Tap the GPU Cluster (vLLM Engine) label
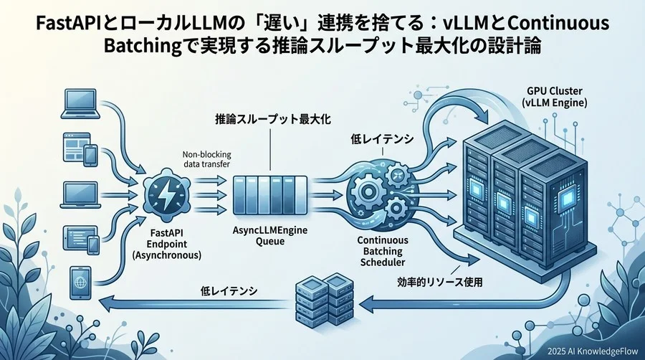tap(555, 98)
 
